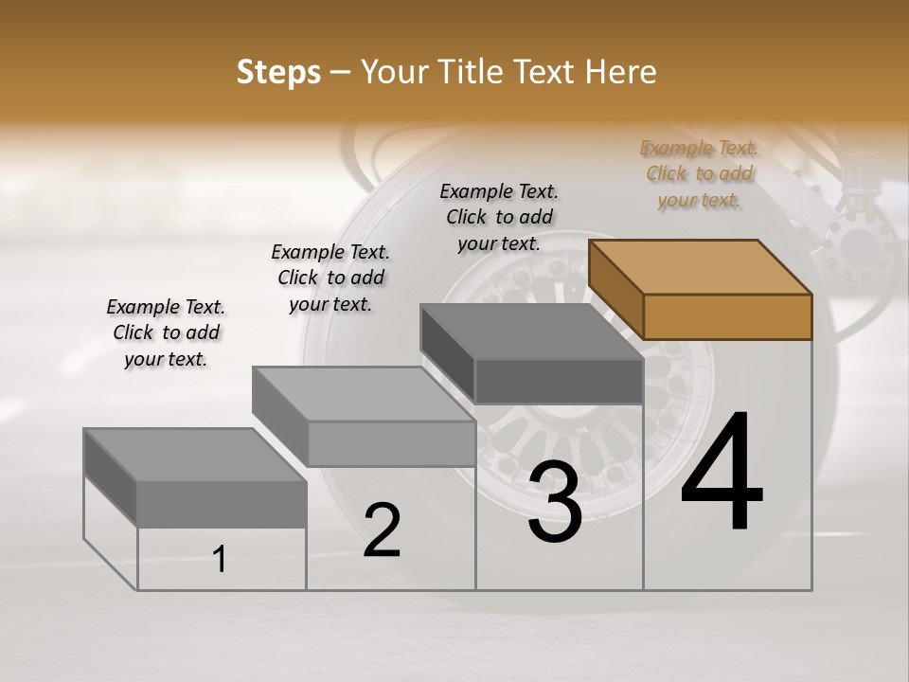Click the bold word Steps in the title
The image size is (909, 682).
click(x=278, y=72)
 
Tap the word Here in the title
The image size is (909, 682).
click(x=620, y=72)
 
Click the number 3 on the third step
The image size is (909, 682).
click(x=555, y=503)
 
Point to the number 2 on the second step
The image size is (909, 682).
click(x=382, y=529)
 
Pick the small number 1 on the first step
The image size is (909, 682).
click(x=220, y=559)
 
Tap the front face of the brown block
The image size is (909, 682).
click(x=727, y=316)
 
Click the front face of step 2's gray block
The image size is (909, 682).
click(x=391, y=444)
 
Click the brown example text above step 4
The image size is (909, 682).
click(x=699, y=174)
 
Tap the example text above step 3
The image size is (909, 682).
click(x=499, y=218)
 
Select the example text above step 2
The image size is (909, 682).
click(x=330, y=278)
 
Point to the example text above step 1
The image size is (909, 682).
click(x=166, y=333)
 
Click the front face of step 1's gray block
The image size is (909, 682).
click(x=222, y=504)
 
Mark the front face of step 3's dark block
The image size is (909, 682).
click(x=559, y=382)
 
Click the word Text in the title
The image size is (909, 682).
click(x=550, y=72)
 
